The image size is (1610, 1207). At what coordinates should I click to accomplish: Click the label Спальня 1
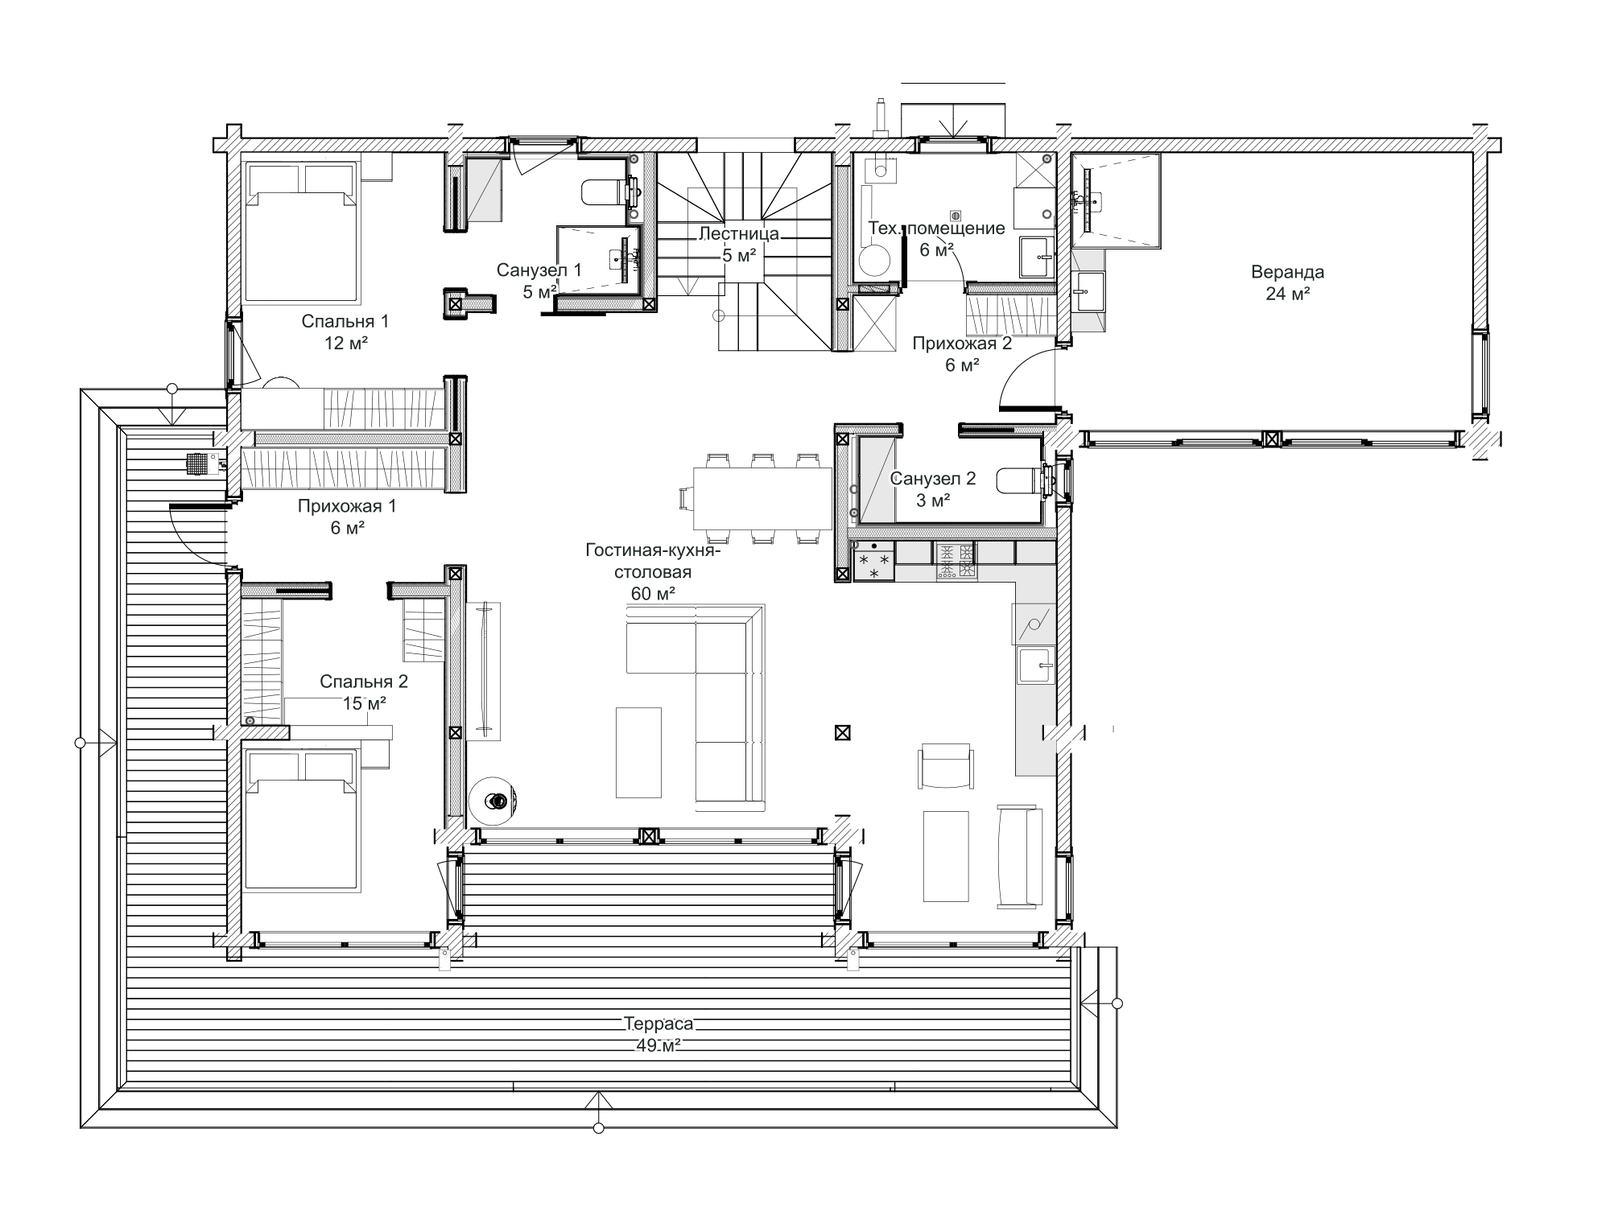pyautogui.click(x=345, y=322)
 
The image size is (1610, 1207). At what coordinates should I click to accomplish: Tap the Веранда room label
pyautogui.click(x=1287, y=272)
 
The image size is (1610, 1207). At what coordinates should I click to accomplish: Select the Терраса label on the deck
pyautogui.click(x=658, y=1024)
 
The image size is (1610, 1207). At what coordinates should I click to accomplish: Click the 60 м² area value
pyautogui.click(x=653, y=594)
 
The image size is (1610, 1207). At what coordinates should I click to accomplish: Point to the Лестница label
pyautogui.click(x=739, y=234)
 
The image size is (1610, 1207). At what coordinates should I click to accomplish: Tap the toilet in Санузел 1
pyautogui.click(x=608, y=192)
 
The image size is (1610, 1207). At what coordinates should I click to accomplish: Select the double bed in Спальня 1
pyautogui.click(x=301, y=233)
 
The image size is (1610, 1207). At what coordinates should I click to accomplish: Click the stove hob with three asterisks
pyautogui.click(x=873, y=562)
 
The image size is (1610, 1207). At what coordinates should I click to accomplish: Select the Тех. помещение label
pyautogui.click(x=936, y=228)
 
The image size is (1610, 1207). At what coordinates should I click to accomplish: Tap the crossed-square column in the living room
pyautogui.click(x=842, y=733)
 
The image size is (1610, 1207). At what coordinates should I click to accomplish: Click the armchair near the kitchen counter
pyautogui.click(x=945, y=767)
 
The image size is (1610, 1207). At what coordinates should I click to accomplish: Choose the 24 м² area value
pyautogui.click(x=1287, y=294)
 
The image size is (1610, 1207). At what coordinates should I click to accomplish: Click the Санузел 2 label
pyautogui.click(x=933, y=479)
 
